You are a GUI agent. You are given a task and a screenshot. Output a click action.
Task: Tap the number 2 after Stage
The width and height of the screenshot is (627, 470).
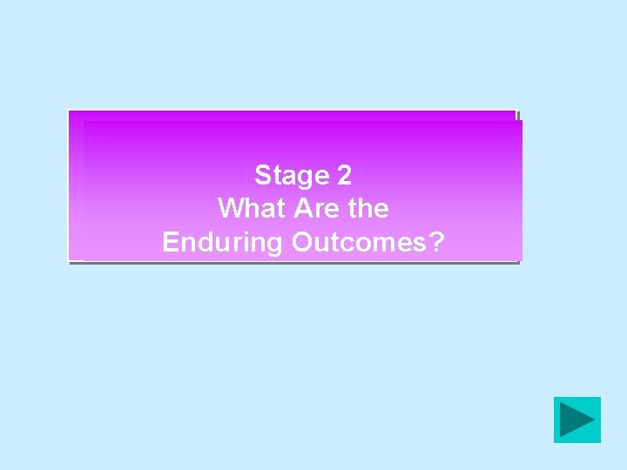click(344, 176)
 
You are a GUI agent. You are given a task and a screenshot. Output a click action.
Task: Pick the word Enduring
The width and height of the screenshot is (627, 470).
click(223, 242)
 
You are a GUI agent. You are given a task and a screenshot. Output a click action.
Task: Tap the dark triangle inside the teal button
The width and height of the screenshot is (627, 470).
click(576, 420)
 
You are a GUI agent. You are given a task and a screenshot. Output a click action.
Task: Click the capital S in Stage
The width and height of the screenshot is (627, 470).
click(262, 176)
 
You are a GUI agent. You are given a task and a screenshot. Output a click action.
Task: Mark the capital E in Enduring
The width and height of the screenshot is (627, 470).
click(171, 242)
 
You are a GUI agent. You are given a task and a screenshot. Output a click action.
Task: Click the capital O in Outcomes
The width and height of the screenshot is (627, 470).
click(302, 242)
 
